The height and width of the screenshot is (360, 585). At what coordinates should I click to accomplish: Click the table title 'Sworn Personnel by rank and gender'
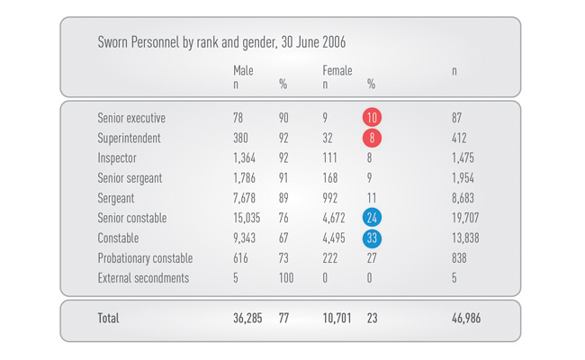pyautogui.click(x=221, y=42)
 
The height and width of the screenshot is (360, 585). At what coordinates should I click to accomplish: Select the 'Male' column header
pyautogui.click(x=243, y=70)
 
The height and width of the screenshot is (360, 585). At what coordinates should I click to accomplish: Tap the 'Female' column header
pyautogui.click(x=337, y=70)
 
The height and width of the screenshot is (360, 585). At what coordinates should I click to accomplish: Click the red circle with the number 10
pyautogui.click(x=372, y=118)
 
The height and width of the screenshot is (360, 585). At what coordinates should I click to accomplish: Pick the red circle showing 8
pyautogui.click(x=372, y=139)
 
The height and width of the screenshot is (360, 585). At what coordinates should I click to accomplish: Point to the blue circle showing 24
pyautogui.click(x=372, y=218)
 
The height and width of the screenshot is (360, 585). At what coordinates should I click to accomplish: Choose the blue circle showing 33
pyautogui.click(x=372, y=238)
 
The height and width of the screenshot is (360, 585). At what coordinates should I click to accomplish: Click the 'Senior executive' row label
pyautogui.click(x=131, y=118)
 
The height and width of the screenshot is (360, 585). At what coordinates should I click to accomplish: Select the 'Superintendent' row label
pyautogui.click(x=129, y=139)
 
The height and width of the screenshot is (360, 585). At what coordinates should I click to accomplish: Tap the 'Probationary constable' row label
pyautogui.click(x=144, y=258)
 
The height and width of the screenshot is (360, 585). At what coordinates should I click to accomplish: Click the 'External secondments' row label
pyautogui.click(x=143, y=278)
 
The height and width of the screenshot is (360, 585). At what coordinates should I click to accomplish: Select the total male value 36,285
pyautogui.click(x=247, y=319)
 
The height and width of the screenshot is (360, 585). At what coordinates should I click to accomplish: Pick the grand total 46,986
pyautogui.click(x=466, y=319)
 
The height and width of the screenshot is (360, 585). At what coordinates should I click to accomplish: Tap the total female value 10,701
pyautogui.click(x=339, y=319)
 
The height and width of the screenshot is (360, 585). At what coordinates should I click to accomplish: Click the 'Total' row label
pyautogui.click(x=108, y=319)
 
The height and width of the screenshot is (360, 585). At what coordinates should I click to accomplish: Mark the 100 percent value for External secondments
pyautogui.click(x=287, y=278)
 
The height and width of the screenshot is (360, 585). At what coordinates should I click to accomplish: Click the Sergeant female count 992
pyautogui.click(x=331, y=198)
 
